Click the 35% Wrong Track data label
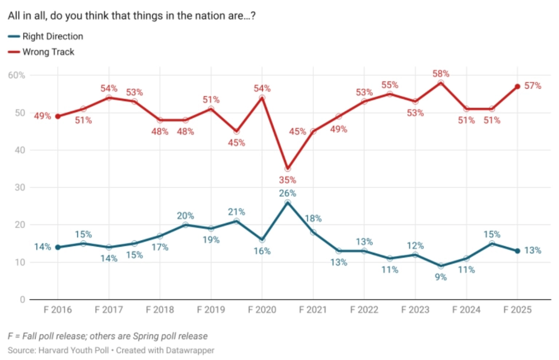pos(287,180)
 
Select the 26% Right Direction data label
pos(287,193)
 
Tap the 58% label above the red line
pos(441,74)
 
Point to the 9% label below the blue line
pos(441,277)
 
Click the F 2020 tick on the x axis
pos(262,310)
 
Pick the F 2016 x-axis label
pos(57,310)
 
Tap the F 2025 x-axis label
pos(517,310)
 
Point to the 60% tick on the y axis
pos(17,75)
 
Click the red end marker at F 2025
pos(517,86)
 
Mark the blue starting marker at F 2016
pos(57,247)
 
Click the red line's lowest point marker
pos(287,168)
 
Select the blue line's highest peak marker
pos(287,203)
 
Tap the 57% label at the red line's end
pos(533,86)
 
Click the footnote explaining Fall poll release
pos(108,336)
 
